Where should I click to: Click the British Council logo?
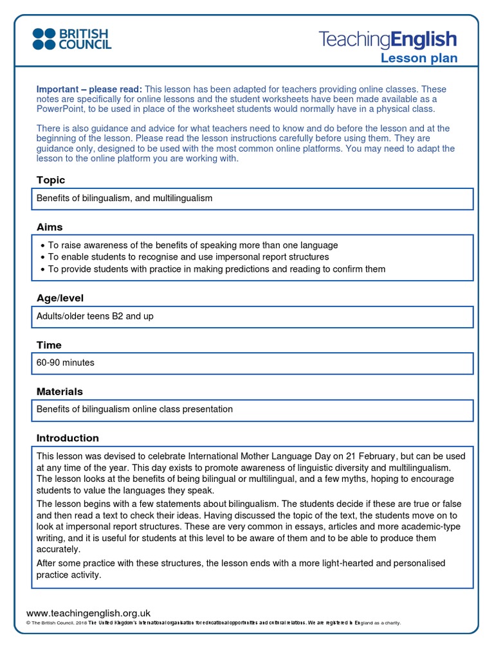72,39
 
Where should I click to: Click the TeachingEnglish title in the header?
387,40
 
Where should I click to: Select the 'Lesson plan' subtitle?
419,58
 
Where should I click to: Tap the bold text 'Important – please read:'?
89,89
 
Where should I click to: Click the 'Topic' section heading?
51,180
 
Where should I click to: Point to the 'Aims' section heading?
50,227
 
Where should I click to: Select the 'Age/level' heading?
60,298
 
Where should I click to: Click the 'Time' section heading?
49,345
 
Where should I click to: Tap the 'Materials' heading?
60,391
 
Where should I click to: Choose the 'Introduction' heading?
68,438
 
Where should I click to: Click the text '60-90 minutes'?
66,362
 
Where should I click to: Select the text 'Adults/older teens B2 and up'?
95,316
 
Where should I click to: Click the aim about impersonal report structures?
188,257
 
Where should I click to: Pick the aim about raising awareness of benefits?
193,245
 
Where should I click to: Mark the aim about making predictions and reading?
217,269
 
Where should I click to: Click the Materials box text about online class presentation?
134,409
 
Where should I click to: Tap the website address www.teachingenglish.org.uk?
88,613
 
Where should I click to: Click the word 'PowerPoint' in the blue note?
60,109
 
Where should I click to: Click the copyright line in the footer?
212,623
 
